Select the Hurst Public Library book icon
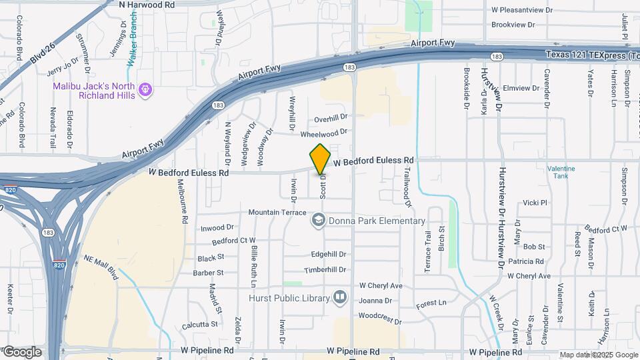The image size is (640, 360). (x=340, y=297)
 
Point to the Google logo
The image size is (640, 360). (x=21, y=352)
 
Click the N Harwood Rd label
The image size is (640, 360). (x=147, y=5)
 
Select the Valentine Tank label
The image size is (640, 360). (x=561, y=172)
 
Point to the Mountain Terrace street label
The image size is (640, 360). (x=277, y=212)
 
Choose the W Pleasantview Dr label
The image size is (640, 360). (x=522, y=11)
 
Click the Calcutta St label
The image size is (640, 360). (x=199, y=325)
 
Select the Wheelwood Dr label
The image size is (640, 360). (x=324, y=133)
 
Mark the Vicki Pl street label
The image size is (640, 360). (x=535, y=203)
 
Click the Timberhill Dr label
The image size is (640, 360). (x=325, y=270)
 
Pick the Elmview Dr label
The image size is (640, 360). (x=521, y=88)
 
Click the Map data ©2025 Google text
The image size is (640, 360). (x=599, y=355)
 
